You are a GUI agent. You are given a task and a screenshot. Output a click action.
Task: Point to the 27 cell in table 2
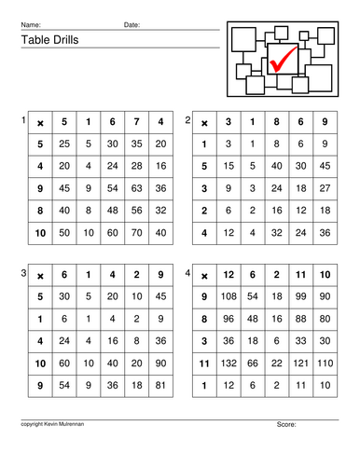(324, 185)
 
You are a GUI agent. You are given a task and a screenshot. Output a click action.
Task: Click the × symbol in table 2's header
(204, 121)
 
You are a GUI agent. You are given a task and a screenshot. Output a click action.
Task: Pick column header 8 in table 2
(276, 121)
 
